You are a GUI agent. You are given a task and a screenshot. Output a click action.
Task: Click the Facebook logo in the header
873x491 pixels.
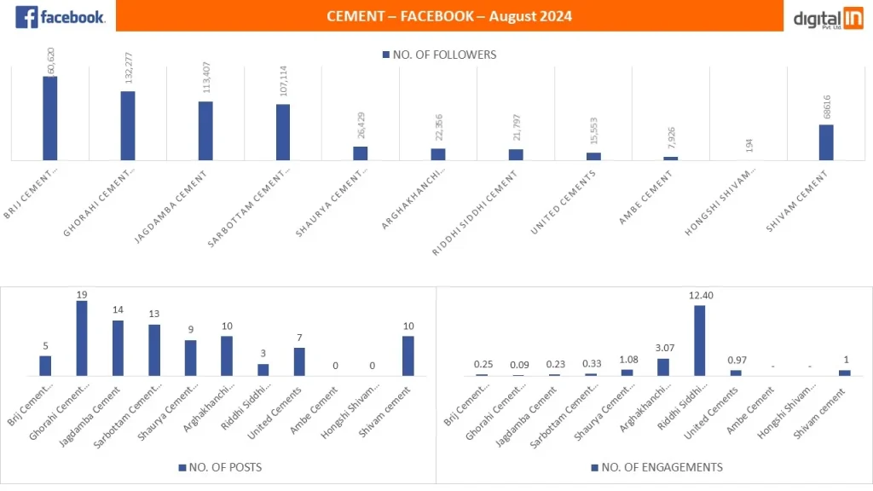coord(60,16)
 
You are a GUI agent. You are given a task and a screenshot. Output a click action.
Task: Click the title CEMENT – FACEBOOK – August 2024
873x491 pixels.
coord(449,16)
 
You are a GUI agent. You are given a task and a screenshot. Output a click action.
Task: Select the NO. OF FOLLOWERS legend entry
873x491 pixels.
coord(440,55)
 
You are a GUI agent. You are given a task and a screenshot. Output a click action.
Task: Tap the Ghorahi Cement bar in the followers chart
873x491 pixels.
coord(128,125)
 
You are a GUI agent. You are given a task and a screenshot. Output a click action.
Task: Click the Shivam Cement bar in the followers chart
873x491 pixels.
coord(826,142)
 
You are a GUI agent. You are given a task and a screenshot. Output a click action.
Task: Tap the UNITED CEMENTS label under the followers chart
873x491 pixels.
coord(564,201)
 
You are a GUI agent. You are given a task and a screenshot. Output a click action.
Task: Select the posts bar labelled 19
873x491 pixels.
coord(82,338)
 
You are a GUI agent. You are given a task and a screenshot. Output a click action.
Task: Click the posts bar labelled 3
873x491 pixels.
coord(263,370)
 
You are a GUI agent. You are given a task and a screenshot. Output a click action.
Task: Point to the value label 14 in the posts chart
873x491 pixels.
coord(118,312)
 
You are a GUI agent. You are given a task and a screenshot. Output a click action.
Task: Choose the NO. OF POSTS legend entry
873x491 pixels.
coord(221,468)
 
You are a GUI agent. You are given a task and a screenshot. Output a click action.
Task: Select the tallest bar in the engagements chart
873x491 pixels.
coord(700,340)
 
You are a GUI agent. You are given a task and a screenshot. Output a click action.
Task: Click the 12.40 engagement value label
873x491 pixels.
coord(700,296)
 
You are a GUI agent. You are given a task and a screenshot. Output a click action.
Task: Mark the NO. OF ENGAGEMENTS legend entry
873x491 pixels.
coord(656,468)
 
